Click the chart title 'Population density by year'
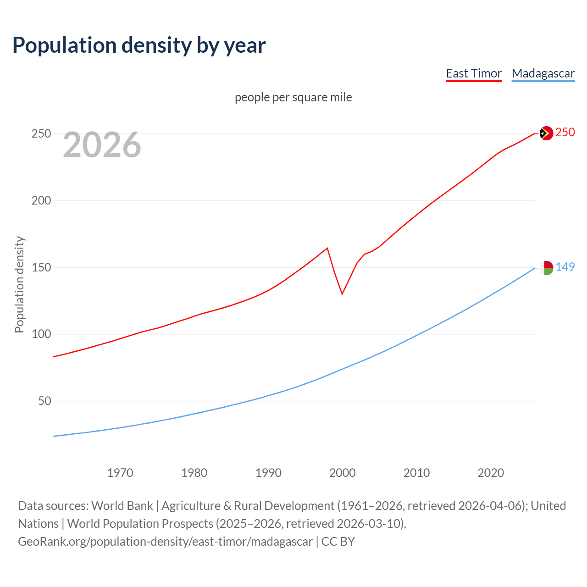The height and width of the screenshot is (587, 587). pyautogui.click(x=139, y=45)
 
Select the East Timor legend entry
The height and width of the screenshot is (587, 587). pyautogui.click(x=474, y=73)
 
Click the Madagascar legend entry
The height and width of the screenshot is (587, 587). pyautogui.click(x=543, y=73)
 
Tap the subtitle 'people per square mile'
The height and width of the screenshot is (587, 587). pyautogui.click(x=293, y=97)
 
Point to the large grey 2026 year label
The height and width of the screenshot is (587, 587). pyautogui.click(x=102, y=145)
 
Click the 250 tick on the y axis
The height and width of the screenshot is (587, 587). pyautogui.click(x=41, y=134)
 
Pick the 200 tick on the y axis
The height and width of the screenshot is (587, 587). pyautogui.click(x=41, y=200)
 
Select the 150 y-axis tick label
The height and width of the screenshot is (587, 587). pyautogui.click(x=41, y=267)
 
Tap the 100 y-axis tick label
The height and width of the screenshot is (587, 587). pyautogui.click(x=41, y=334)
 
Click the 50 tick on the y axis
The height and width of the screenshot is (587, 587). pyautogui.click(x=44, y=401)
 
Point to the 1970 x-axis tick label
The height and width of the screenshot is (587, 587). pyautogui.click(x=120, y=472)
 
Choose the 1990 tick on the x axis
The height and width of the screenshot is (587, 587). pyautogui.click(x=268, y=472)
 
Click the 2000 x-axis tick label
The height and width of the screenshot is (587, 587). pyautogui.click(x=343, y=472)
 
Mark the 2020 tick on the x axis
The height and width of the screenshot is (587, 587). pyautogui.click(x=491, y=472)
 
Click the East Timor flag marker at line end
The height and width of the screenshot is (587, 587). pyautogui.click(x=546, y=133)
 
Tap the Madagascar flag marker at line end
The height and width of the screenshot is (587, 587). pyautogui.click(x=546, y=268)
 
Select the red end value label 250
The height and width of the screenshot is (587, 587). pyautogui.click(x=565, y=132)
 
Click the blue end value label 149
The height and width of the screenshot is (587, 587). pyautogui.click(x=565, y=267)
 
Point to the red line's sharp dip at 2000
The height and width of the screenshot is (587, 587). pyautogui.click(x=342, y=293)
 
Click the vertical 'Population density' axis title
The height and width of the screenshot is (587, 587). pyautogui.click(x=19, y=284)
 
